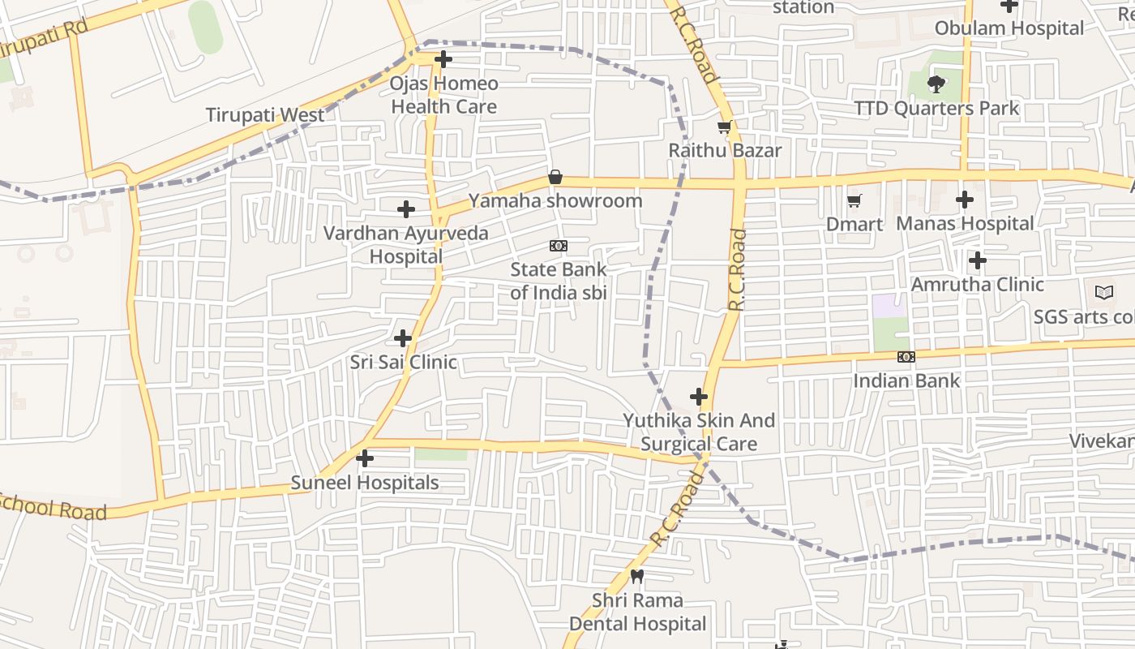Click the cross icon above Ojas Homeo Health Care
(443, 59)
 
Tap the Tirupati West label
(265, 114)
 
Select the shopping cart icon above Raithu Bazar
(724, 127)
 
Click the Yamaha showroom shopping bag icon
(555, 177)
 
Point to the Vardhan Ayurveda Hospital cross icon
(406, 209)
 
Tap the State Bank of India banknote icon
(559, 246)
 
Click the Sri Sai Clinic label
(403, 362)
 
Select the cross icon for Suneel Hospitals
(365, 458)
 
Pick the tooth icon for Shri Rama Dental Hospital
(636, 577)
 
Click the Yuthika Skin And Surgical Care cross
(699, 397)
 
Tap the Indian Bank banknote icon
(906, 357)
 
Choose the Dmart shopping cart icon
(854, 200)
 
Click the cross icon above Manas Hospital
(965, 199)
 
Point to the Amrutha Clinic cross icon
(978, 260)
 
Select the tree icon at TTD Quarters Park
(936, 84)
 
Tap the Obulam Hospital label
(1009, 28)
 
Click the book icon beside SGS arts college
(1103, 292)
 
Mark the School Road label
(54, 506)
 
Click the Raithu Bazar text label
(725, 150)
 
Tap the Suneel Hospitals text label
(365, 483)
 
